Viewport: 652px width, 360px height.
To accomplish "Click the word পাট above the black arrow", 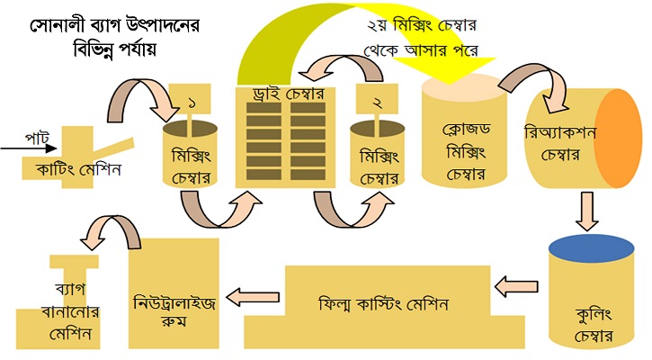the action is [38, 138].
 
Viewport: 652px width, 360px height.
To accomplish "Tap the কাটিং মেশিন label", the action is [79, 169].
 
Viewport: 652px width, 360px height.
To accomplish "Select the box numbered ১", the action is [190, 98].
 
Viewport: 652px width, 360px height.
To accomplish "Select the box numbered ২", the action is [377, 99].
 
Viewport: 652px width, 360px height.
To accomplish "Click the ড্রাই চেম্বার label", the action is [288, 94].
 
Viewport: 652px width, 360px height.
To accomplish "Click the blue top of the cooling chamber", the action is [591, 248].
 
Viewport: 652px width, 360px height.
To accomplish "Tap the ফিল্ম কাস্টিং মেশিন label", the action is [383, 304].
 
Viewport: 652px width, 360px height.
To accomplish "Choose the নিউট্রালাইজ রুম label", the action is [174, 311].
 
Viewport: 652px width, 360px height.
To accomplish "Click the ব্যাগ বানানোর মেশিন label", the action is [70, 311].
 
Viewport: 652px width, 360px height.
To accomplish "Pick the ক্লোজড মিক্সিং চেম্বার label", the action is [466, 151].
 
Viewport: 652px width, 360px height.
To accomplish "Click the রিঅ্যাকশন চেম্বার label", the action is [560, 144].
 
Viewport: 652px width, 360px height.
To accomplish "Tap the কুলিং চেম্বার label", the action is [594, 325].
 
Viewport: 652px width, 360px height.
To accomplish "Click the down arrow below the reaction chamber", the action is [586, 211].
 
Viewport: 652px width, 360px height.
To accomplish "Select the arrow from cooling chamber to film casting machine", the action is [516, 286].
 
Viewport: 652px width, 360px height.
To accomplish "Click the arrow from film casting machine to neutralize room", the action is [253, 297].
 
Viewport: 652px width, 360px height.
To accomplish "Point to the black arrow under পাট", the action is [28, 148].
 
